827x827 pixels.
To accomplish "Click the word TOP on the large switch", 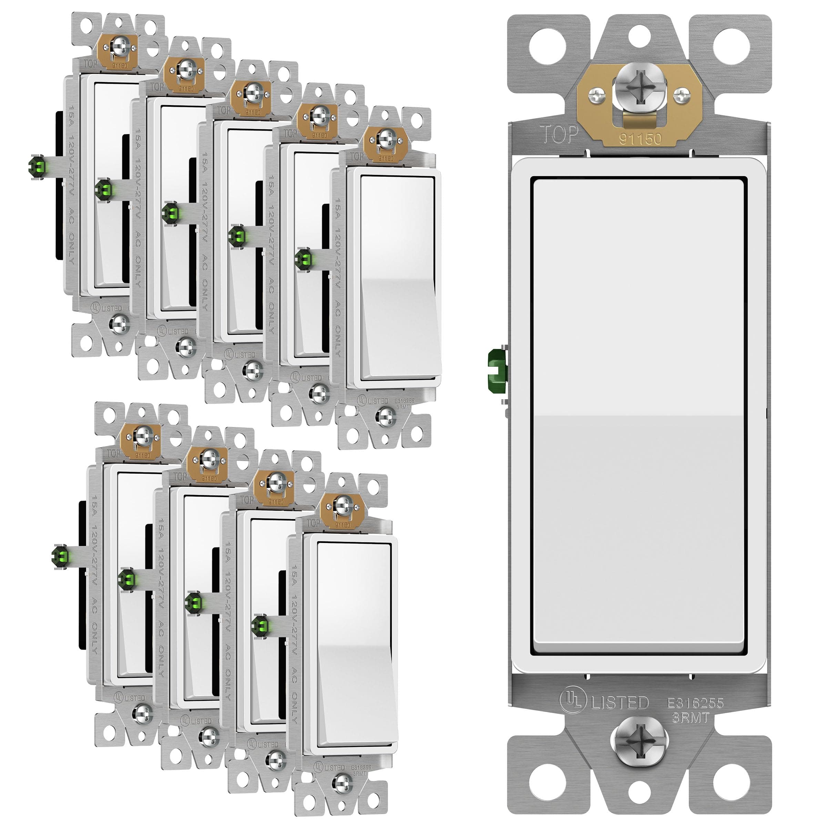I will click(x=559, y=134).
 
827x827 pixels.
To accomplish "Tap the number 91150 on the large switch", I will click(x=640, y=138).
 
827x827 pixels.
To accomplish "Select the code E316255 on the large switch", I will click(x=695, y=703).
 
